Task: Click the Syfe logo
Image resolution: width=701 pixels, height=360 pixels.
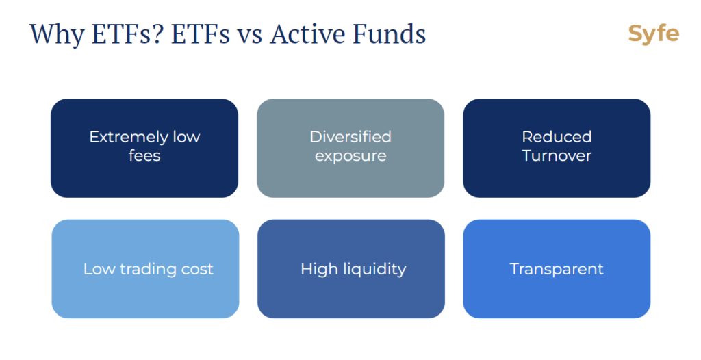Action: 654,34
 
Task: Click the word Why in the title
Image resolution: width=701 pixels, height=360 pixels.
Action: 56,35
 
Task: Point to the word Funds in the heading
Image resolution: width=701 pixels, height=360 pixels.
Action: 389,34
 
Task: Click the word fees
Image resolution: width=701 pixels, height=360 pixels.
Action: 144,155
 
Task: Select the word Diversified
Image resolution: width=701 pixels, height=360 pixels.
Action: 350,137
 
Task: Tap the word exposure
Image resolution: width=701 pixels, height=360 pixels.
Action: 350,157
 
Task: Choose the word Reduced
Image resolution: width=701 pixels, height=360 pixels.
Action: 557,137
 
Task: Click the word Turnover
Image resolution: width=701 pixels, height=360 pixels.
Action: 557,155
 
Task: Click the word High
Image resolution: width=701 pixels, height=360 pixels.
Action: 320,269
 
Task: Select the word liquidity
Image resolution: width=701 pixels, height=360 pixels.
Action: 375,269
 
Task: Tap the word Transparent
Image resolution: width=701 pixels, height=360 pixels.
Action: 557,269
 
